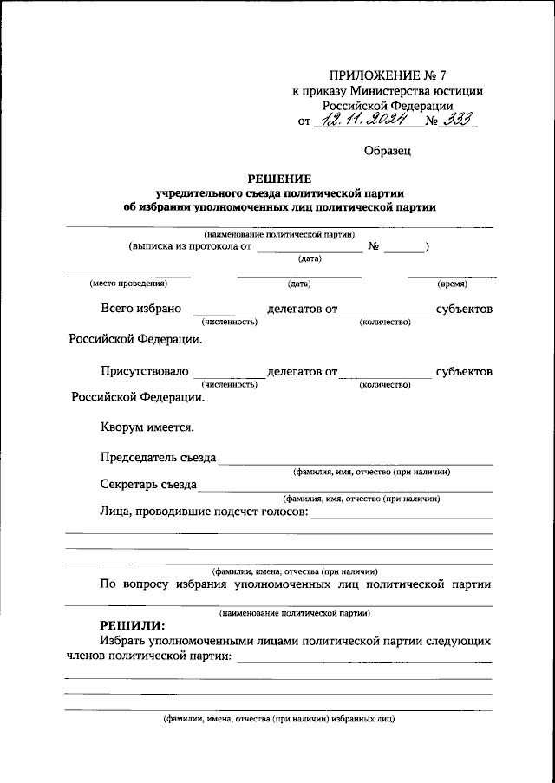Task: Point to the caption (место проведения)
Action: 127,284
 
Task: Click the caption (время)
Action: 452,284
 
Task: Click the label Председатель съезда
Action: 158,458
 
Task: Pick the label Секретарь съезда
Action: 148,485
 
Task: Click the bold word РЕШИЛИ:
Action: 131,625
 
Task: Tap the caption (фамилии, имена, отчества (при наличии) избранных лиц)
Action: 279,720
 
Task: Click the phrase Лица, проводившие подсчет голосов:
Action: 203,512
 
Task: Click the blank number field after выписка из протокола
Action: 405,250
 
